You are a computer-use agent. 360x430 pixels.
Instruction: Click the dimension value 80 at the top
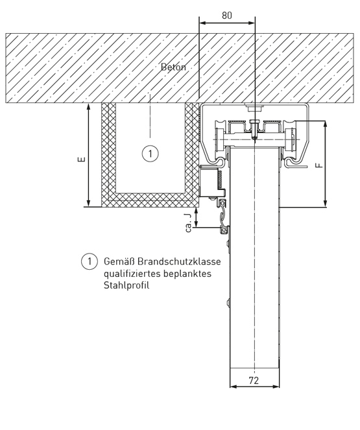227,16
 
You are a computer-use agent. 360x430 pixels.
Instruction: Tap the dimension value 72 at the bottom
254,380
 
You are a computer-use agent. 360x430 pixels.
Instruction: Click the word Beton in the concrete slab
173,67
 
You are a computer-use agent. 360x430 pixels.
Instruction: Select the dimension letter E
82,159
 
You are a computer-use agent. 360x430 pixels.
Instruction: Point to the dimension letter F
319,165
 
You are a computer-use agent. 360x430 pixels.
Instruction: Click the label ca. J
189,223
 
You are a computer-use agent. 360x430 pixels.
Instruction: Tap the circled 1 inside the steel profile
150,154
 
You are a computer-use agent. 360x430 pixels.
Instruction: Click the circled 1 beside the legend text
90,261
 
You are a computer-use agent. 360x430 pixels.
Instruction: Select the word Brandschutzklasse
179,261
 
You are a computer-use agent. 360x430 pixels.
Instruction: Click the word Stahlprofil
126,285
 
